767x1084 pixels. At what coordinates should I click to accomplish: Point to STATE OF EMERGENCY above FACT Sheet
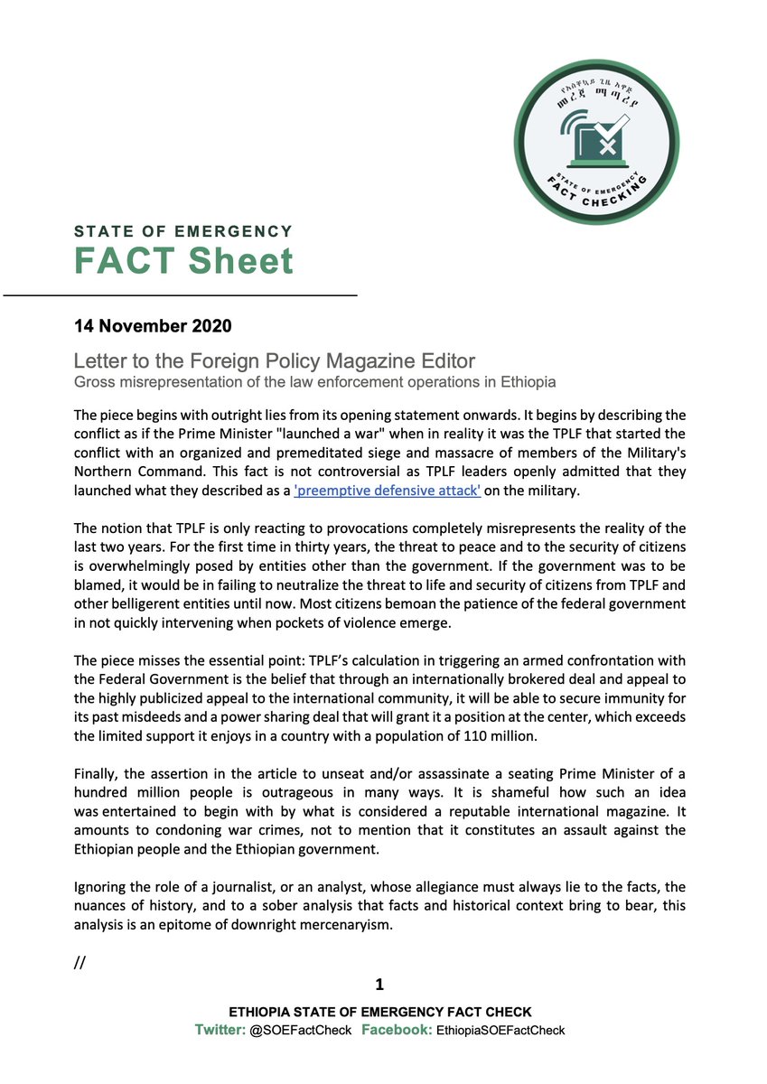click(x=183, y=232)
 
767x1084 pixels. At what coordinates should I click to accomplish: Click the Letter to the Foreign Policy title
click(x=275, y=361)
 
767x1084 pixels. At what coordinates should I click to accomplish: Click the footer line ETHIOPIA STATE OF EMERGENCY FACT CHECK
click(x=380, y=1013)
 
